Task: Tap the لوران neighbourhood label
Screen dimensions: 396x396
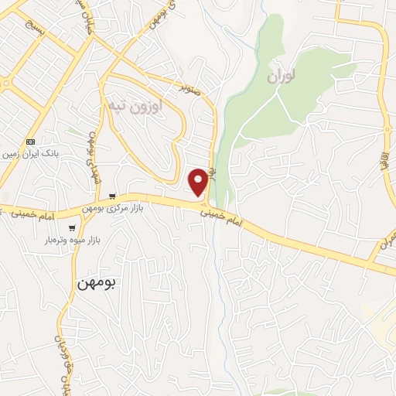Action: (282, 77)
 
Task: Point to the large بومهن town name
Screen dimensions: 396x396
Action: (97, 284)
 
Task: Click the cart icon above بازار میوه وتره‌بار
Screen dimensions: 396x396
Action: (73, 227)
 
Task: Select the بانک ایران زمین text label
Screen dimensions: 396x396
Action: (31, 154)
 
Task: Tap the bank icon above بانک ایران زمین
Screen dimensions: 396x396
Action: (31, 142)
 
